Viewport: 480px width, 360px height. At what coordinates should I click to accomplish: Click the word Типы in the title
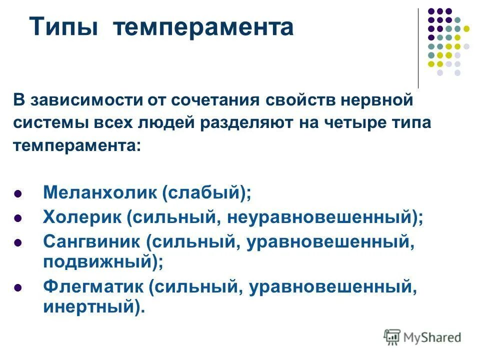(63, 27)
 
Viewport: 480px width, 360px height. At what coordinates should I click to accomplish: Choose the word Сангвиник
(92, 242)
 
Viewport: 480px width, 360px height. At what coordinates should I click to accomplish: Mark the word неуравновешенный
(320, 217)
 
